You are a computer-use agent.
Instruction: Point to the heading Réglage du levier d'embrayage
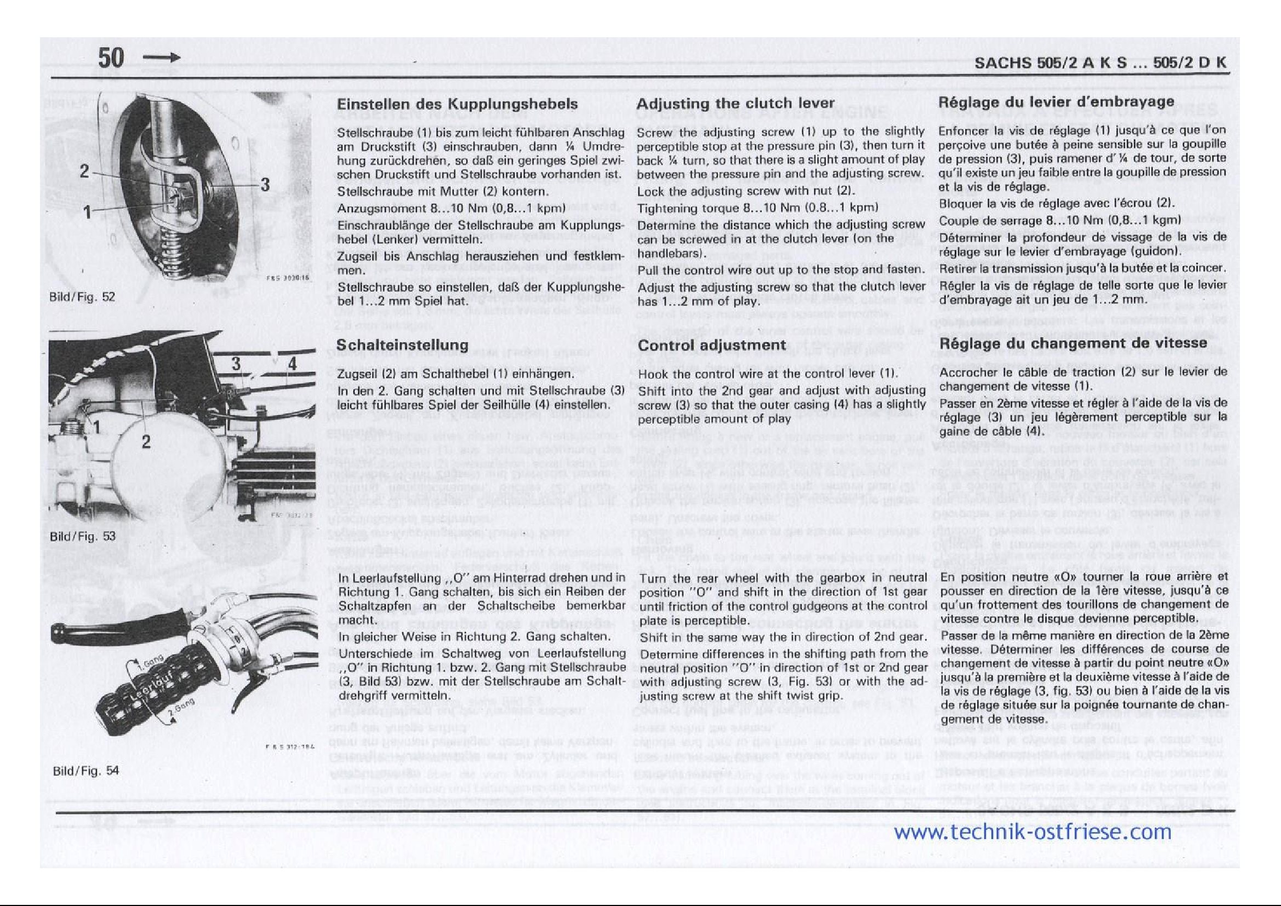point(1057,102)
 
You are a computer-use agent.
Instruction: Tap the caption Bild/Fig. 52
point(82,297)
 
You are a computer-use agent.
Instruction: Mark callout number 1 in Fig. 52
point(88,211)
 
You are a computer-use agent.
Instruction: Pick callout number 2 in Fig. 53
point(146,443)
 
